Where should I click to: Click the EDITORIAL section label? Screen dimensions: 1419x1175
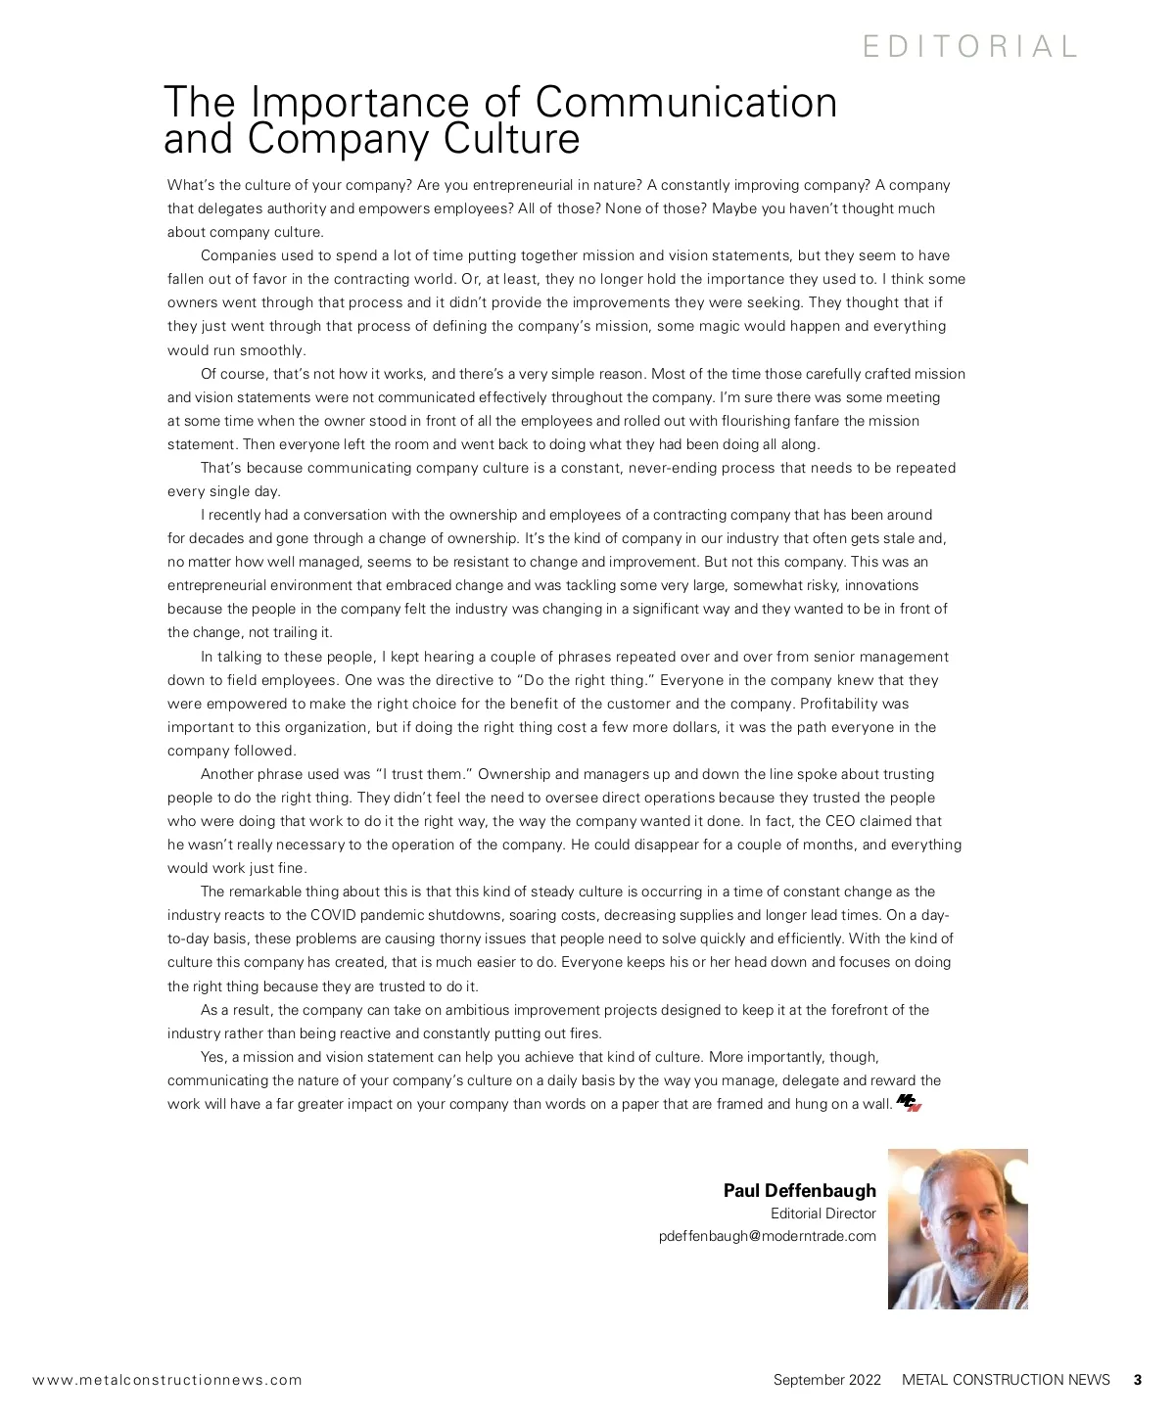[x=969, y=46]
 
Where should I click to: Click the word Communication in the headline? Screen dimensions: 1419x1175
[x=686, y=102]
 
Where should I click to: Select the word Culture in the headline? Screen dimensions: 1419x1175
[x=512, y=139]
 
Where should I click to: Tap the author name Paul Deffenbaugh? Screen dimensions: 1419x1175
[x=799, y=1190]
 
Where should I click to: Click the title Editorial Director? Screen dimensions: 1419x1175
[x=822, y=1213]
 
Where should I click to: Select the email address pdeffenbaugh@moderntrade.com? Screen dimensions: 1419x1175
[x=767, y=1236]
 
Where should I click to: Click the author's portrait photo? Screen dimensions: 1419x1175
[x=958, y=1228]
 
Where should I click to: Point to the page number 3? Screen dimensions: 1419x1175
[x=1137, y=1380]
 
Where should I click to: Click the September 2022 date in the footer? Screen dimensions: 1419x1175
[x=826, y=1380]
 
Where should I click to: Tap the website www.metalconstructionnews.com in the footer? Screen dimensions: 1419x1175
[x=167, y=1380]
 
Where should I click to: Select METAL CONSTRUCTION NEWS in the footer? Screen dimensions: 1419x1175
[x=1006, y=1380]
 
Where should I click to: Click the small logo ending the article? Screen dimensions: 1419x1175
[x=910, y=1103]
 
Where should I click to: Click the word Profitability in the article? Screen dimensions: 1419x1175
[x=840, y=704]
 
